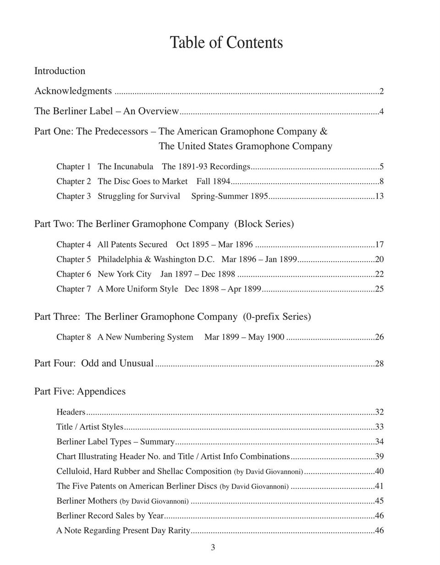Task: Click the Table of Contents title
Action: click(226, 43)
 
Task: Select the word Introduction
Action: click(60, 71)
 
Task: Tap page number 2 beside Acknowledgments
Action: click(381, 91)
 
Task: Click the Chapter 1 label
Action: click(73, 167)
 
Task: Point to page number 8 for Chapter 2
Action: click(381, 181)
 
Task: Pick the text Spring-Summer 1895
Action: click(229, 196)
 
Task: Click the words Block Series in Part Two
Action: click(264, 224)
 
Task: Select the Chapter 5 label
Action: click(73, 259)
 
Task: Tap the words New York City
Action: click(124, 274)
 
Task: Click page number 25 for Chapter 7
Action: click(379, 289)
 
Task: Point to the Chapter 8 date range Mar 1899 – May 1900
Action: click(244, 337)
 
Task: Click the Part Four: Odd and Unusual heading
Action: click(94, 363)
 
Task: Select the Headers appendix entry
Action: click(71, 412)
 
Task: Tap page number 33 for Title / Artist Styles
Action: click(379, 427)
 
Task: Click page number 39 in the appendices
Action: click(379, 456)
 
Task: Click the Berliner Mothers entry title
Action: click(87, 501)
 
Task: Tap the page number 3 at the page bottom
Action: click(213, 547)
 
